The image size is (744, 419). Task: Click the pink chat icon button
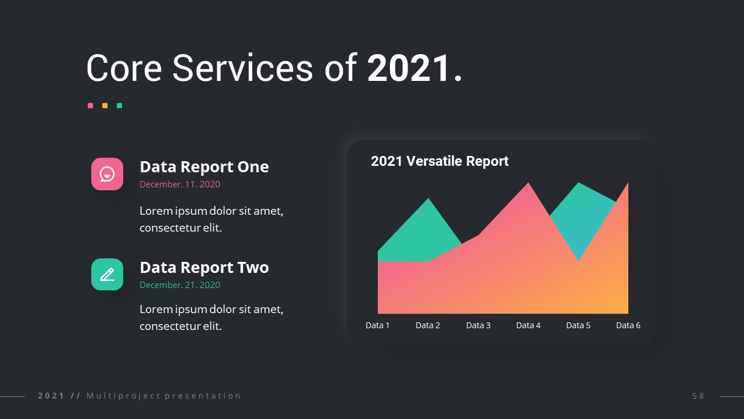[107, 174]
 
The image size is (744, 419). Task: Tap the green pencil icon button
[107, 274]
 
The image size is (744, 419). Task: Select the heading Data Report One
[204, 166]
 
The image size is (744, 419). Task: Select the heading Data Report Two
[204, 267]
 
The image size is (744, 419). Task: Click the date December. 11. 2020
[180, 184]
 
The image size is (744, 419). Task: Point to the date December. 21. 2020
[180, 285]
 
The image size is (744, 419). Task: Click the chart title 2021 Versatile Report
[439, 161]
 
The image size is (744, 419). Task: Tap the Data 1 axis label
[377, 325]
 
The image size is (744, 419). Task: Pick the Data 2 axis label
[428, 325]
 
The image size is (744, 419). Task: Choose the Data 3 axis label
[478, 325]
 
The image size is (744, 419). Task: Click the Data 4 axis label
[528, 325]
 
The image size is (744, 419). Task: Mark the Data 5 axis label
[578, 325]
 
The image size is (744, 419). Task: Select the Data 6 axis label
[628, 325]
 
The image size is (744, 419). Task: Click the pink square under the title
[90, 106]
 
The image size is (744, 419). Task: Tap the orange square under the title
[105, 106]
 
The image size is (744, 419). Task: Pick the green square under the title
[120, 106]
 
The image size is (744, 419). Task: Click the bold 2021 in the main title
[409, 68]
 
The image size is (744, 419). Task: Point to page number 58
[698, 396]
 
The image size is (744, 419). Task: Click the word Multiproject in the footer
[124, 396]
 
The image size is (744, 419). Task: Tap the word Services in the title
[242, 68]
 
